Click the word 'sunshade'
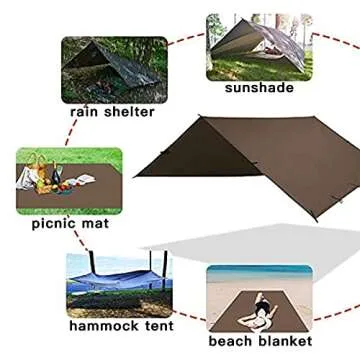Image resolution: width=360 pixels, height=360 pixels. pyautogui.click(x=259, y=87)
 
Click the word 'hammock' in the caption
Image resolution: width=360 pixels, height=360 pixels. pyautogui.click(x=105, y=326)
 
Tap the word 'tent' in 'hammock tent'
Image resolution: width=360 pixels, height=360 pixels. pyautogui.click(x=156, y=326)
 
